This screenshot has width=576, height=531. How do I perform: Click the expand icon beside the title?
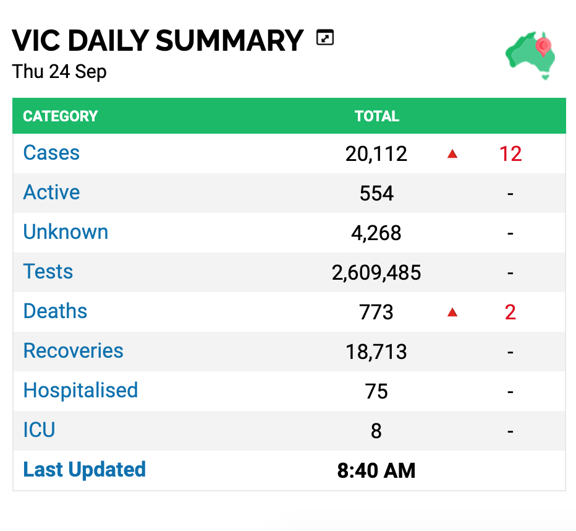click(325, 38)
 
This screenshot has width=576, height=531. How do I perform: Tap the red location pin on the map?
click(543, 46)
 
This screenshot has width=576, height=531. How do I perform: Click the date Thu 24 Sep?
click(59, 71)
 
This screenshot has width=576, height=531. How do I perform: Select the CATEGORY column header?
click(60, 116)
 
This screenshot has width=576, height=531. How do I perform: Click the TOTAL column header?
click(377, 116)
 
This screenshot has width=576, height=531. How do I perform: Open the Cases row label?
click(51, 153)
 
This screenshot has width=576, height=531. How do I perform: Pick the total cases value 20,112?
click(376, 153)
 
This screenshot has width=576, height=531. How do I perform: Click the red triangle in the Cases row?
click(452, 153)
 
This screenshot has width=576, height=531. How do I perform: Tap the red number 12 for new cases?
click(510, 153)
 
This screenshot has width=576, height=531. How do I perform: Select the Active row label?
click(51, 192)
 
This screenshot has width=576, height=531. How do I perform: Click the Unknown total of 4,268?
click(376, 233)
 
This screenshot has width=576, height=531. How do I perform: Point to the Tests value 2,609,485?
click(376, 273)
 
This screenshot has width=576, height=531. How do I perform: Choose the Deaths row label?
click(55, 311)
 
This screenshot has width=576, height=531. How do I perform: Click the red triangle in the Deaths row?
click(452, 313)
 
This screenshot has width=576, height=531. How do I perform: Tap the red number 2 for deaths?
click(510, 313)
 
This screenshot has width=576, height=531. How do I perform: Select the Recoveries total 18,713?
click(376, 352)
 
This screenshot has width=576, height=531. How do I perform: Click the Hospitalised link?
click(80, 390)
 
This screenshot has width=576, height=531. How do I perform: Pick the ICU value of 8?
click(376, 431)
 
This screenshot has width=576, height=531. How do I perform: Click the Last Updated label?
click(85, 470)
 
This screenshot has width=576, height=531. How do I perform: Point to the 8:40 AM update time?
click(376, 471)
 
